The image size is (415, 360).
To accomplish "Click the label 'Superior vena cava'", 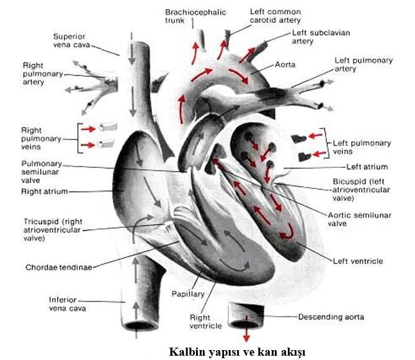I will coord(73,40).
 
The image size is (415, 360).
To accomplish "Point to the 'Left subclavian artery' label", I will coord(311,37).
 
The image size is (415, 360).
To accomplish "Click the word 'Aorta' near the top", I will coord(285,64).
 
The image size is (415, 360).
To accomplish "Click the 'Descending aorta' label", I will coord(331,317).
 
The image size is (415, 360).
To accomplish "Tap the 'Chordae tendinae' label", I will coord(59,268).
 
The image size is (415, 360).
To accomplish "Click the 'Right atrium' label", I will coord(46,191).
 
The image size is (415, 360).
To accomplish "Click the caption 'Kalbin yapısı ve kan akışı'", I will coord(237,351).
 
